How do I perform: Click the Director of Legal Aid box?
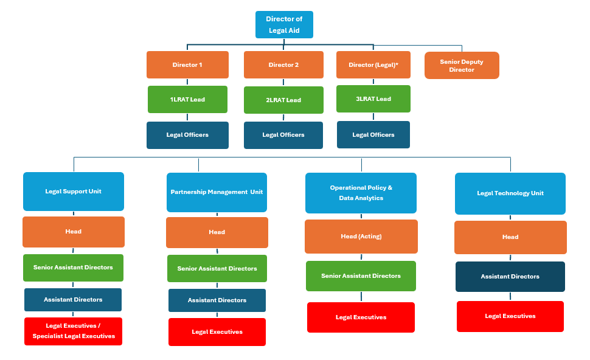tap(284, 24)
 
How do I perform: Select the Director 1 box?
tap(187, 64)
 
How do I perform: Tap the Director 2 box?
tap(283, 64)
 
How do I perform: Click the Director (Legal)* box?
tap(373, 64)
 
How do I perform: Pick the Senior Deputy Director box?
tap(462, 66)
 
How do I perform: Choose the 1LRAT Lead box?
tap(187, 99)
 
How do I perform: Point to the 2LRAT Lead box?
tap(283, 100)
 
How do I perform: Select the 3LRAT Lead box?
tap(373, 99)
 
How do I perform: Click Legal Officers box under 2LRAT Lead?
tap(283, 135)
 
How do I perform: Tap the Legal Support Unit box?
tap(74, 192)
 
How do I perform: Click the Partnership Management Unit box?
tap(217, 192)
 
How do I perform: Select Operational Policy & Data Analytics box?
tap(361, 193)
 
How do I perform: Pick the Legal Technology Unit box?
tap(510, 193)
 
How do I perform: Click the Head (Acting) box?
tap(361, 237)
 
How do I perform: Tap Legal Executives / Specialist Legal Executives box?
tap(74, 331)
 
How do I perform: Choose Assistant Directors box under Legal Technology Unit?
tap(510, 277)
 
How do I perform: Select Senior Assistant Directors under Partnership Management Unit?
tap(217, 268)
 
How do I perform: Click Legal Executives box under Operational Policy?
tap(361, 317)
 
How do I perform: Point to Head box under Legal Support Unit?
tap(74, 232)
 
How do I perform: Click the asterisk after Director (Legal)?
tap(397, 64)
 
